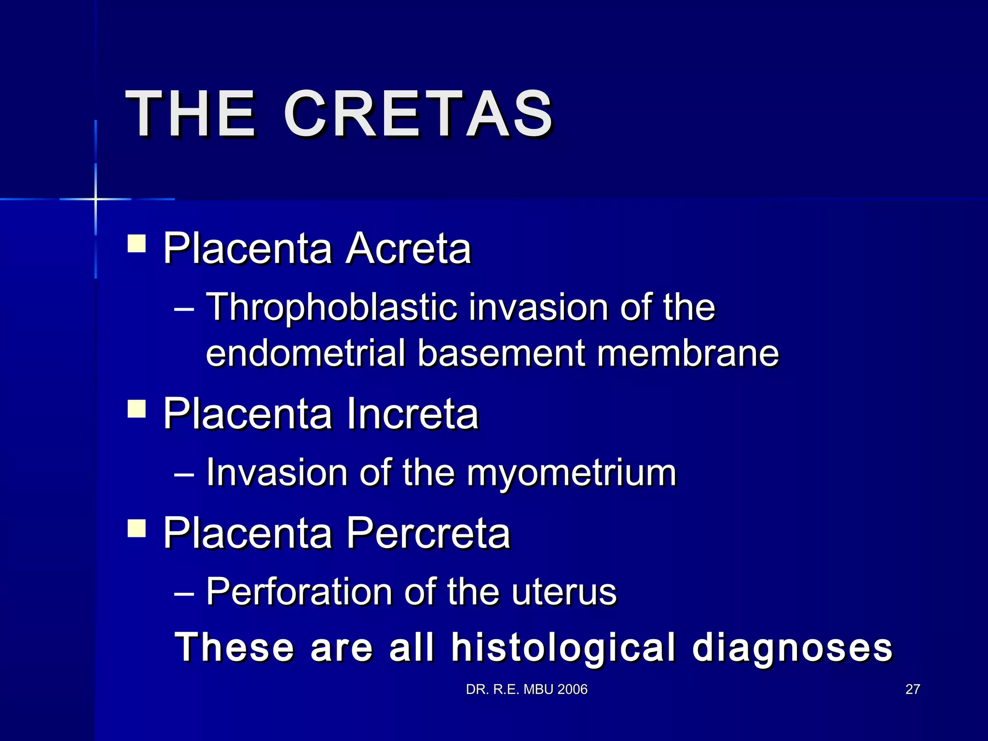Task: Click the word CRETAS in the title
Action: click(418, 115)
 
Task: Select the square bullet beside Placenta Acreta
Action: click(137, 244)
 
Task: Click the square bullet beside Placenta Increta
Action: click(137, 409)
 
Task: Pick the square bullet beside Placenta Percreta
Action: click(137, 528)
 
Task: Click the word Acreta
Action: click(408, 249)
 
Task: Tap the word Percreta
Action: click(428, 533)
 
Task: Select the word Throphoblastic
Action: click(332, 307)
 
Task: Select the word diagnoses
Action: click(792, 647)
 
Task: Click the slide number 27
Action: click(912, 689)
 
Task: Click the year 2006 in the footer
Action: click(572, 689)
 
